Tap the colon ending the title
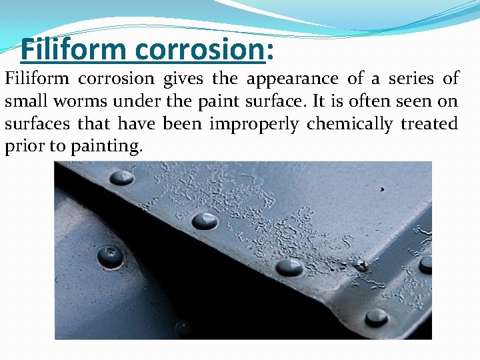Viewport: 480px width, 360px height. [271, 51]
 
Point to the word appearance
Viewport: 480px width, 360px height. [293, 79]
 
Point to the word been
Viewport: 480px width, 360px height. [181, 125]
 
